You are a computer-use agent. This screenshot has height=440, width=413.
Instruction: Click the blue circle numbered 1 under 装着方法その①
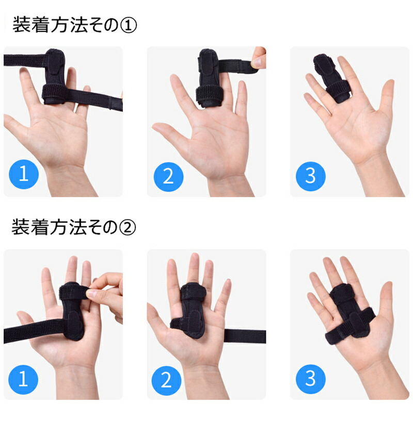tap(24, 174)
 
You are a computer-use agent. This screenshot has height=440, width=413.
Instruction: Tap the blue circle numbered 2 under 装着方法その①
tap(168, 177)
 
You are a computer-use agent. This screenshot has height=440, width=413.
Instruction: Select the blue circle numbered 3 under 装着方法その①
tap(310, 176)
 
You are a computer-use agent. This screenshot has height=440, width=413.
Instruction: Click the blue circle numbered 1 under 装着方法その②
tap(23, 379)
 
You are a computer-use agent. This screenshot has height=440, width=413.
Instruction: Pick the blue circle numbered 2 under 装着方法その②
tap(166, 381)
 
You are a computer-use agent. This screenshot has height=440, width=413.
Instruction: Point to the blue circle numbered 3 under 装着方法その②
tap(310, 379)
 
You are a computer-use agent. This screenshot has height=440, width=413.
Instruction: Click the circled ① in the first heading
tap(128, 25)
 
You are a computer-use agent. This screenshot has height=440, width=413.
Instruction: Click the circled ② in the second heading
tap(128, 228)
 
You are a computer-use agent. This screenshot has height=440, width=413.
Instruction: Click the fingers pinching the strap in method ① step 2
tap(258, 58)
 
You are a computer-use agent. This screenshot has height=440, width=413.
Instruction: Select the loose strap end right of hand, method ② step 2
tap(245, 336)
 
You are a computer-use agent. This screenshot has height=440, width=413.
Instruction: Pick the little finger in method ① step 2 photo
tap(241, 98)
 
